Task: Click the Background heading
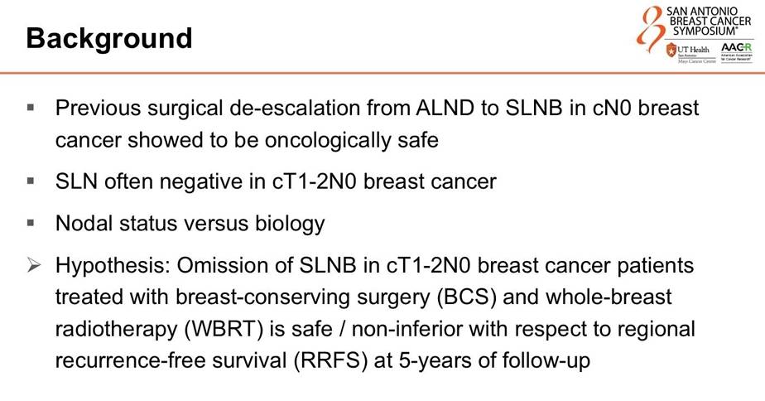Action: click(x=109, y=39)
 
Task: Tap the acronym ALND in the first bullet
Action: click(x=445, y=108)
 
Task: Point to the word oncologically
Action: click(x=327, y=141)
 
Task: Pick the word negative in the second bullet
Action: click(x=201, y=181)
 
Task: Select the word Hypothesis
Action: click(x=113, y=266)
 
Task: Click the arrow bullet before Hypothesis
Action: click(x=34, y=265)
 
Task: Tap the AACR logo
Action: click(x=736, y=51)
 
